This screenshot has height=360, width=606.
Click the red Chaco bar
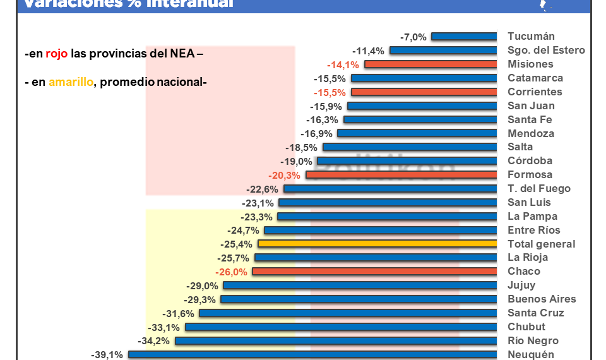[x=375, y=272]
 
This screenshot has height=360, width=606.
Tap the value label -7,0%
[x=413, y=37]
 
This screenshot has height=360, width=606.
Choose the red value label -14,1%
[x=343, y=64]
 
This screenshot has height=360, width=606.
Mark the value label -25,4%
[x=237, y=244]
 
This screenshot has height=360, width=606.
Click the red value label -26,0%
[x=231, y=272]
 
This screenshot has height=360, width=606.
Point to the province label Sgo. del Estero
[x=546, y=51]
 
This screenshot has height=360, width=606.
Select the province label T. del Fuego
[x=538, y=189]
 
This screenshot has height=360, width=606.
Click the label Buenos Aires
[x=542, y=299]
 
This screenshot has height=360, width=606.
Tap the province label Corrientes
[x=534, y=92]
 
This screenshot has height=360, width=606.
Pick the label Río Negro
[x=533, y=341]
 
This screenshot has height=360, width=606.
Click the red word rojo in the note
[x=56, y=54]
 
